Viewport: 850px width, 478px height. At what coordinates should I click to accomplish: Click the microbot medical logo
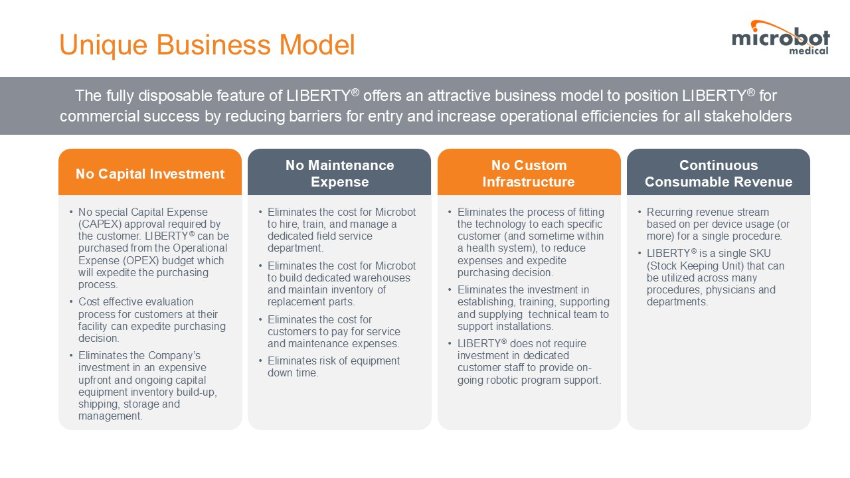click(780, 38)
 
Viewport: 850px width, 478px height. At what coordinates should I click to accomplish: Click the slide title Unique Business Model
click(207, 44)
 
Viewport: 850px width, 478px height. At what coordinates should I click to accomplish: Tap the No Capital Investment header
click(150, 174)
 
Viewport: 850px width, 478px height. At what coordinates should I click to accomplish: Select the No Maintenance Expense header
click(339, 173)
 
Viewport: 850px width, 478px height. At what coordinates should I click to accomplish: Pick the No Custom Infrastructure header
click(529, 173)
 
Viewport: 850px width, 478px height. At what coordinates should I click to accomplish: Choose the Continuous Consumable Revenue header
click(719, 173)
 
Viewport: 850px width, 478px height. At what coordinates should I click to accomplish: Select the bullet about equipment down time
click(333, 366)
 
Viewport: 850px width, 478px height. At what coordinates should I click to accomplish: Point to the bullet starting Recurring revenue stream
click(718, 224)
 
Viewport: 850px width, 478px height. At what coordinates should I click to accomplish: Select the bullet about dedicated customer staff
click(529, 362)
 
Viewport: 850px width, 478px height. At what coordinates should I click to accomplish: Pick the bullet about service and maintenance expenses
click(333, 331)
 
